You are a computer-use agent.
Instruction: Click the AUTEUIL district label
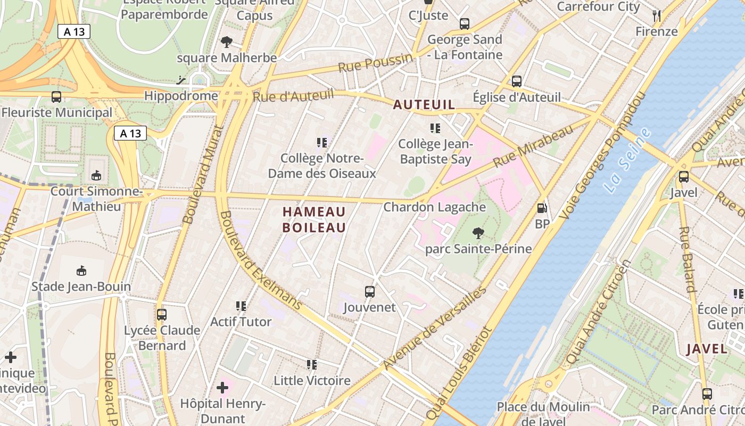424,105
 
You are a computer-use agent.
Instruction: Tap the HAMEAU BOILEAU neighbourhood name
314,219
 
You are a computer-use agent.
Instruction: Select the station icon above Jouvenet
370,291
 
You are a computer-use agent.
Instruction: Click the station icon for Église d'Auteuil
516,81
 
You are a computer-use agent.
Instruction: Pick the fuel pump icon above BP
542,208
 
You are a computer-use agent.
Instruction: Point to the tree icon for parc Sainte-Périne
478,233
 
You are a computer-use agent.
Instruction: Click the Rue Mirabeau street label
533,145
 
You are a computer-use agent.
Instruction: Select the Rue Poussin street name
375,63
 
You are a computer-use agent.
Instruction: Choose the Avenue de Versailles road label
435,328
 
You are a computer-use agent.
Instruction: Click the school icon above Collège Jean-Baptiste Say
435,128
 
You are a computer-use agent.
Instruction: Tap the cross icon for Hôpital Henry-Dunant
222,387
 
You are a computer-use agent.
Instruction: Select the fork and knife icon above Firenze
657,15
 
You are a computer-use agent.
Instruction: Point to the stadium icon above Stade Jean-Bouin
81,271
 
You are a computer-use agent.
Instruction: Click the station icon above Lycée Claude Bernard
162,314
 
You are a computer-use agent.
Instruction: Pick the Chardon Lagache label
435,207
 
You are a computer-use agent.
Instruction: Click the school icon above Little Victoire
312,365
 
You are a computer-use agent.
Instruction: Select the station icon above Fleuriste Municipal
56,97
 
